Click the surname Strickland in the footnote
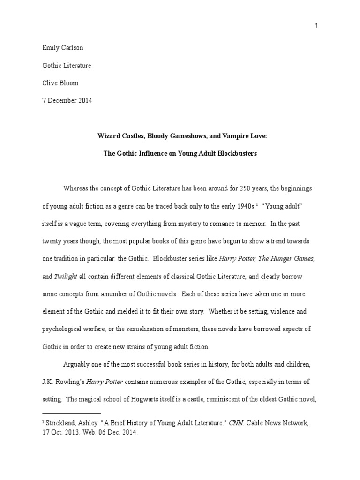[63, 423]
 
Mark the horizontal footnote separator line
[72, 414]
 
